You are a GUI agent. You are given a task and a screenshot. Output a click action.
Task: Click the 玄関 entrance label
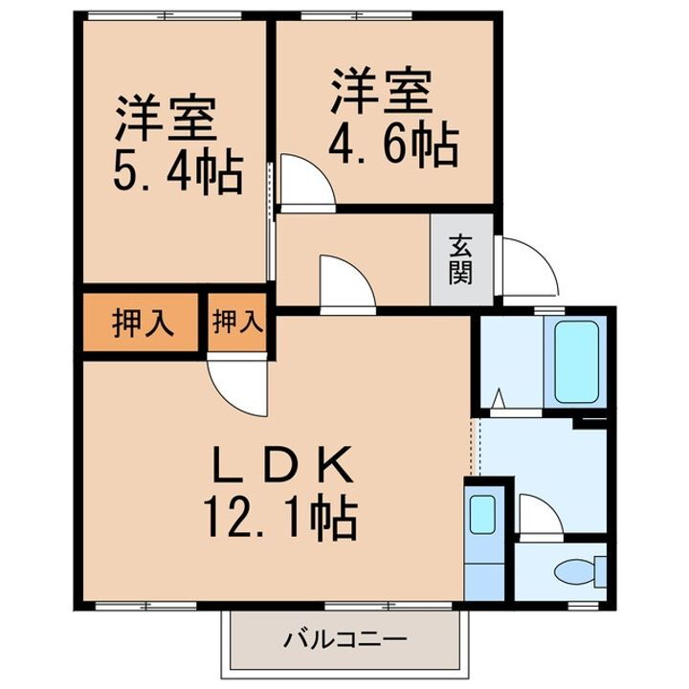(x=461, y=259)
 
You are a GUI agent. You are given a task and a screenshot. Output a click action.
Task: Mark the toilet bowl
(x=573, y=572)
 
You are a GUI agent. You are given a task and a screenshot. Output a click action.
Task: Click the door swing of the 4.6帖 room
(x=306, y=184)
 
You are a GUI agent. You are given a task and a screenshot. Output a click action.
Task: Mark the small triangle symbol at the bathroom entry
(x=499, y=400)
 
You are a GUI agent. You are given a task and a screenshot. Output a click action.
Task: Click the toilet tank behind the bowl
(x=600, y=571)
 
